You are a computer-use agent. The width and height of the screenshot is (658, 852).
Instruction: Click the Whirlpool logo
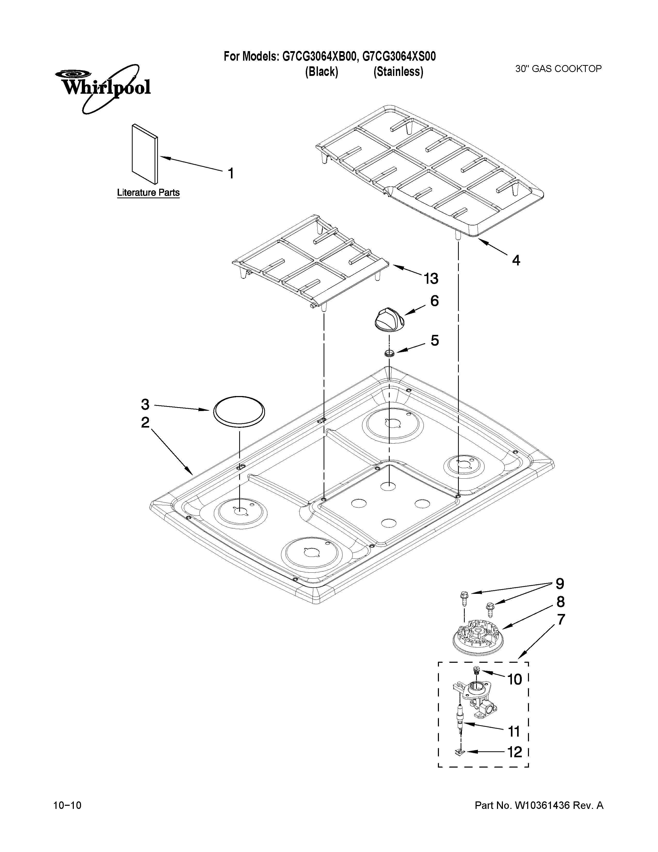(102, 87)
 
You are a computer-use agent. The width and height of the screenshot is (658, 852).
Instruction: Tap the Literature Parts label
(148, 193)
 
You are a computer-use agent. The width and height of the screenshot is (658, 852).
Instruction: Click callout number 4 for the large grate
(516, 260)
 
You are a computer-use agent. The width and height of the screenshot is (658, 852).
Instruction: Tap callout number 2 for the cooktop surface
(145, 422)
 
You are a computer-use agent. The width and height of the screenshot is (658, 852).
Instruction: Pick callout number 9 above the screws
(560, 584)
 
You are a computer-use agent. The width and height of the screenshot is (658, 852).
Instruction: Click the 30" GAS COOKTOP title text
(558, 69)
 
